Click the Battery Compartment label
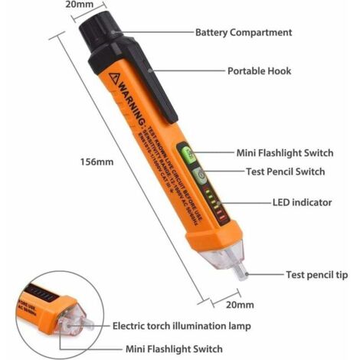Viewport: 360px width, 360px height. point(244,33)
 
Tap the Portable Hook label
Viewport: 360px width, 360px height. point(260,70)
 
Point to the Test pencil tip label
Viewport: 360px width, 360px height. point(318,273)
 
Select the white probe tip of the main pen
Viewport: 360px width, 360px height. point(241,271)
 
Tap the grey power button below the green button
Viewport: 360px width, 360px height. point(198,175)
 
